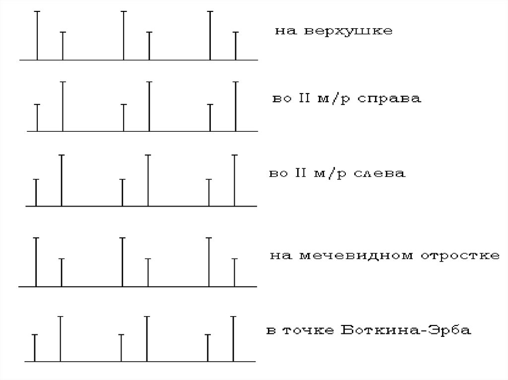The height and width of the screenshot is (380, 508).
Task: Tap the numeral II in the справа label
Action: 302,99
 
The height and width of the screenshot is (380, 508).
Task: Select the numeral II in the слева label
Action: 300,174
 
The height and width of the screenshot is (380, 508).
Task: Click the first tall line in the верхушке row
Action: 37,35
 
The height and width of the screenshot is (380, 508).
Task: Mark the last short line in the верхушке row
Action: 235,46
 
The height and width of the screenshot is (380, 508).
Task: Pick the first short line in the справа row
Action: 37,117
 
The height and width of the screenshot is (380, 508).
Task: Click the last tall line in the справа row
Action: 235,106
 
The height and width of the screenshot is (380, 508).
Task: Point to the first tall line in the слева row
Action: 61,180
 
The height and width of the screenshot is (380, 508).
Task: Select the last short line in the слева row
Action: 209,192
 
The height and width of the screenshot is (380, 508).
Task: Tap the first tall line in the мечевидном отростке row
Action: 36,262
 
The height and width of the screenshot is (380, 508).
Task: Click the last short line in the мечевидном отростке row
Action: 234,272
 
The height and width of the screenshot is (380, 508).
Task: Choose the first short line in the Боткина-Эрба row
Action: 34,348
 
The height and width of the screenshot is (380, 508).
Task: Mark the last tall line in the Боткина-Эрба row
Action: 233,339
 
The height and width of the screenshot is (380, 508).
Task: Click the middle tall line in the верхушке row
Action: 124,35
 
